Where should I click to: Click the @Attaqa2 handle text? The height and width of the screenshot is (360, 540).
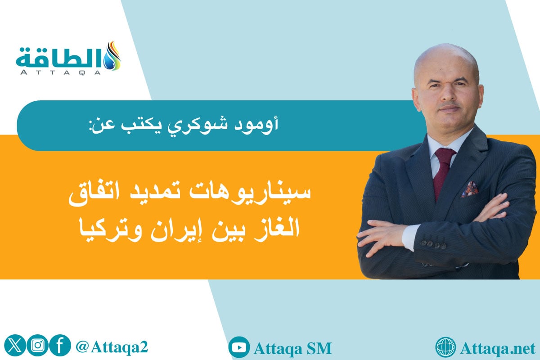112,347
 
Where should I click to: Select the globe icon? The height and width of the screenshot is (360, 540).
446,347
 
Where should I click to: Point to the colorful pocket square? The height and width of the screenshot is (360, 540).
469,189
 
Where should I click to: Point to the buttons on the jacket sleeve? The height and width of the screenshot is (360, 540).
430,243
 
